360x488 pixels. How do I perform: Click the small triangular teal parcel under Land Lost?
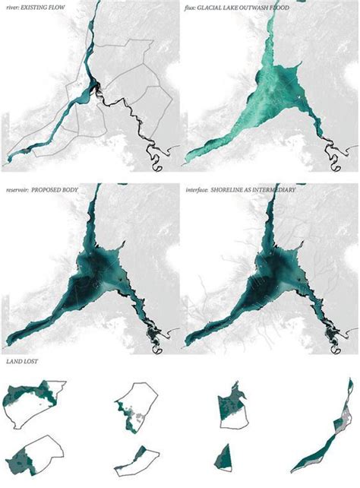click(x=223, y=455)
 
